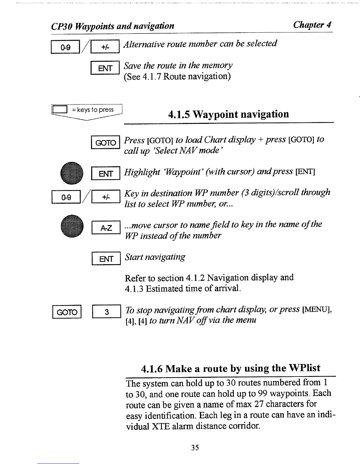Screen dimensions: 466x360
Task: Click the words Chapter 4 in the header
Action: [x=312, y=25]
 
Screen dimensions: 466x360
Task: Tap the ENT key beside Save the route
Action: [x=105, y=68]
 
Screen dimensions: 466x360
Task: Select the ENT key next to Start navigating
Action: [x=106, y=259]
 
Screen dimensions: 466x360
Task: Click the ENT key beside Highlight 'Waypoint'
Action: [x=106, y=173]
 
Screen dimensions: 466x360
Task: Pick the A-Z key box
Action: [x=106, y=228]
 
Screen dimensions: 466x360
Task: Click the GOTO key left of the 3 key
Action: [x=67, y=312]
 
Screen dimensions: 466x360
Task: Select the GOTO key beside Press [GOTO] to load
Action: [x=106, y=142]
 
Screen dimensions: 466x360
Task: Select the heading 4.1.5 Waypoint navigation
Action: [x=228, y=114]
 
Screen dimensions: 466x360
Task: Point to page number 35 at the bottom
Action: [x=195, y=447]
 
